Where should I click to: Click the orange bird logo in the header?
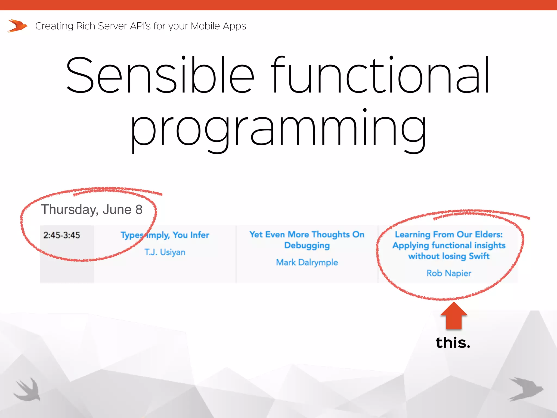coord(17,26)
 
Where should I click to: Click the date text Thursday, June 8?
coord(92,210)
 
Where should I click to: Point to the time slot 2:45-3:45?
coord(62,235)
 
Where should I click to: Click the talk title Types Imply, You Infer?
coord(165,235)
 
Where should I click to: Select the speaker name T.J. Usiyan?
coord(165,252)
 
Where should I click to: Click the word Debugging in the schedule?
coord(307,245)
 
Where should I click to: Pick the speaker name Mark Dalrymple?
coord(307,262)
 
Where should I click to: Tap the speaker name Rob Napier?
coord(449,273)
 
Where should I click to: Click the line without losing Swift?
coord(449,256)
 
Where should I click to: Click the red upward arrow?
coord(454,316)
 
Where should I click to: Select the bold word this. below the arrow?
coord(453,342)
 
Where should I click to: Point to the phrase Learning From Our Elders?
coord(449,234)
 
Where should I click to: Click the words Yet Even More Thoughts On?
coord(307,234)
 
